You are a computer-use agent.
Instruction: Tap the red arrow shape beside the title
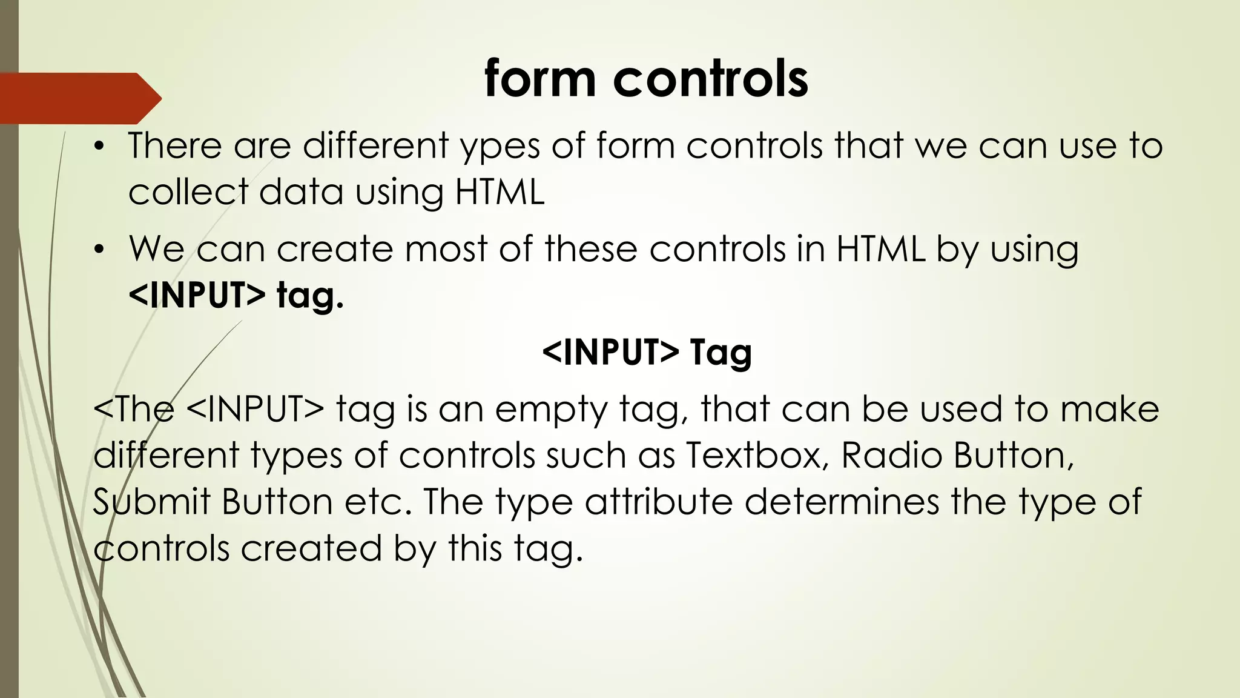coord(79,98)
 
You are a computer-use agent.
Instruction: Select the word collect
coord(188,192)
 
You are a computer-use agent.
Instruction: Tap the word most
coord(446,250)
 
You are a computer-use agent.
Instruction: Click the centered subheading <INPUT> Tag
coord(647,352)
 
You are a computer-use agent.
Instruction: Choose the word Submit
coord(152,502)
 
